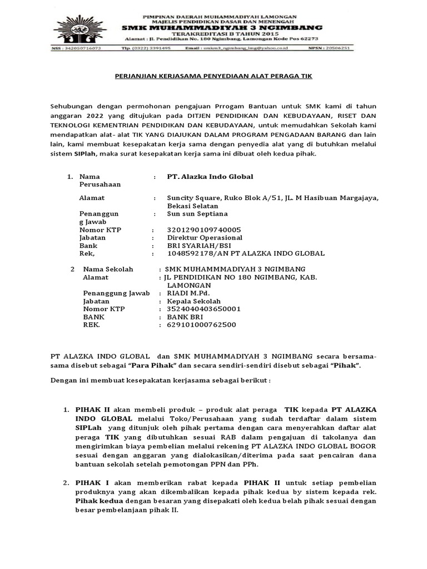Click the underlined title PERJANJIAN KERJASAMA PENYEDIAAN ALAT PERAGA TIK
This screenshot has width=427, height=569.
213,76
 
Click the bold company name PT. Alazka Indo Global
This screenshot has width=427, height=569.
210,176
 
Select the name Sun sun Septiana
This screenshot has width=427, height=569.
197,213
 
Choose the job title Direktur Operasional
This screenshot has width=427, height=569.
205,237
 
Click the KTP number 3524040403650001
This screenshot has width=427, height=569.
200,309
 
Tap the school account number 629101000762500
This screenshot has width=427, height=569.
197,325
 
